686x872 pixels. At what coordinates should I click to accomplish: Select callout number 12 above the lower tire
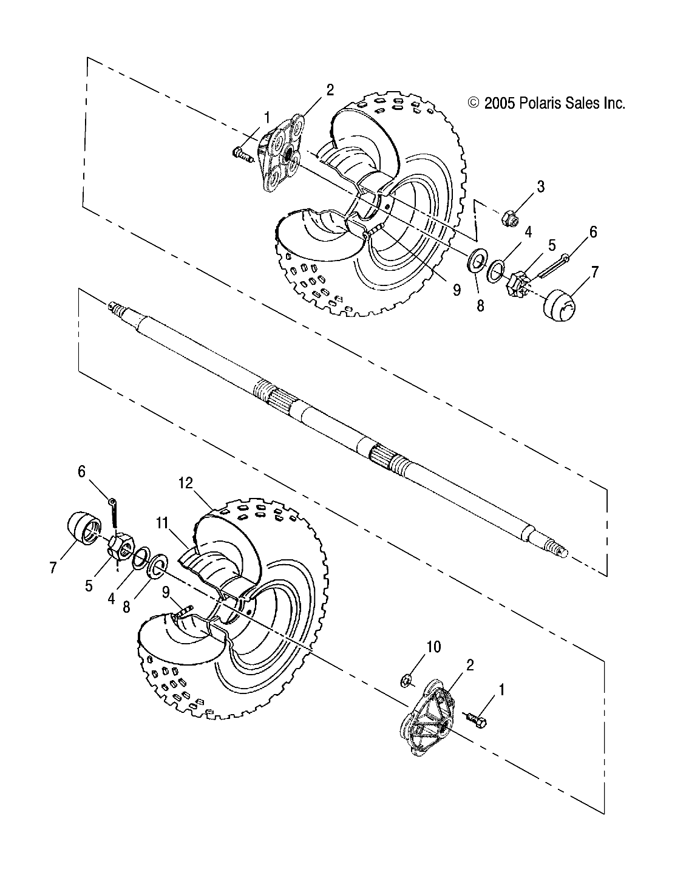coord(185,466)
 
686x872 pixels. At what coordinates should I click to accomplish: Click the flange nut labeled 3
coord(510,218)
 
